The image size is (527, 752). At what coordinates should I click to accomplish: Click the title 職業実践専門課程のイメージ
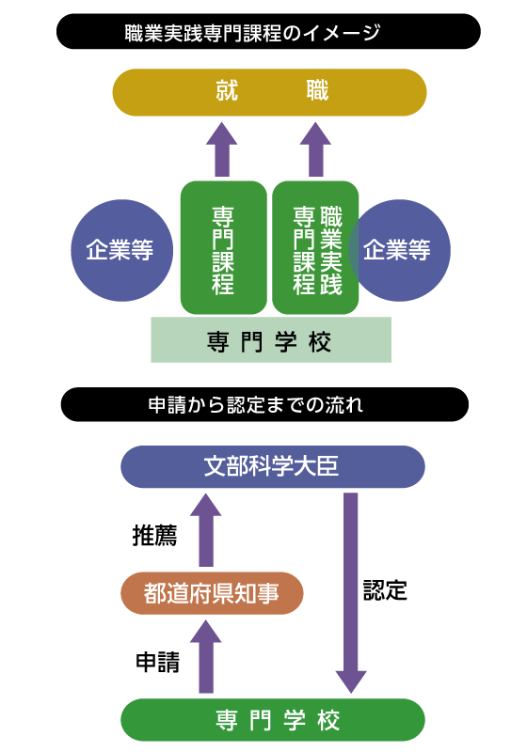point(252,33)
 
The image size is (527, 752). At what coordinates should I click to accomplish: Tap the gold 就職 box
point(269,92)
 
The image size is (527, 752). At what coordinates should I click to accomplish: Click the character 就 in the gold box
point(227,92)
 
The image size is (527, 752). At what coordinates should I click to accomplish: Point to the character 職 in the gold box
point(317,92)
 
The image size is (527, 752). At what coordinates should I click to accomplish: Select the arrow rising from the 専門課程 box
point(222,150)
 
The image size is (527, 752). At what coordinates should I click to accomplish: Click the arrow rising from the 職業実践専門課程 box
point(315,150)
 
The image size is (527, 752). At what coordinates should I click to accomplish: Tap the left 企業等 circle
point(121,250)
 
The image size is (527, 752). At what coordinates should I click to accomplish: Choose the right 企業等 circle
point(403,250)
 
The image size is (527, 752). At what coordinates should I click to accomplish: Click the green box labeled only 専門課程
point(223,248)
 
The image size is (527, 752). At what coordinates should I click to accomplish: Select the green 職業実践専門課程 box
point(315,248)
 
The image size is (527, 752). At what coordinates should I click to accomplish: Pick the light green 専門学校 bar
point(270,340)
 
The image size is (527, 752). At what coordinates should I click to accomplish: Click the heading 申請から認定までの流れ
point(255,405)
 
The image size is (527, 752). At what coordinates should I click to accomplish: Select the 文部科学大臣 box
point(272,467)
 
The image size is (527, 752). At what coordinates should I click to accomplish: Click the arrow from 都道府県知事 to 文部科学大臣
point(206,530)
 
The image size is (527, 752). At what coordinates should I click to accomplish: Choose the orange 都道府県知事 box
point(212,593)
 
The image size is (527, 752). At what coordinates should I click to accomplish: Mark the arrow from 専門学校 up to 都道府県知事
point(206,658)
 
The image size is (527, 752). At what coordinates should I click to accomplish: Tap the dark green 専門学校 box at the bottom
point(272,721)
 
